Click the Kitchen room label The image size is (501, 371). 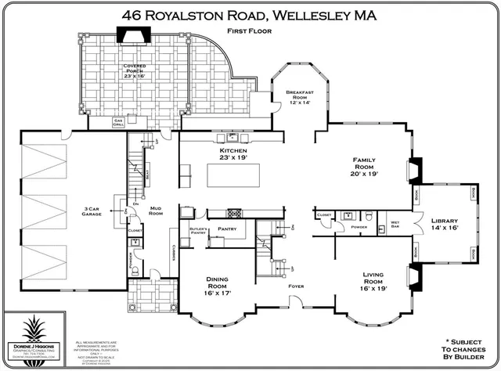point(233,153)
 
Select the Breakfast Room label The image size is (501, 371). point(301,97)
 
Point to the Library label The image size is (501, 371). point(443,225)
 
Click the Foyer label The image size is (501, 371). point(295,286)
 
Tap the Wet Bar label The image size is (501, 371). point(396,225)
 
